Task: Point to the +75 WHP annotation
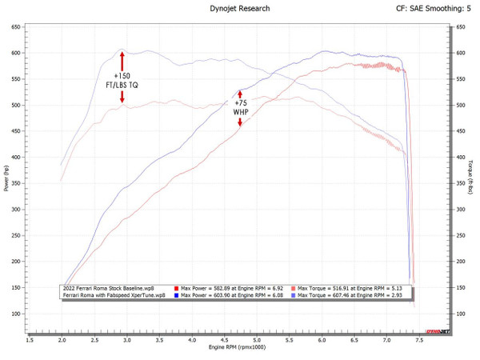[x=240, y=107]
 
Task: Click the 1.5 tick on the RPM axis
[x=30, y=340]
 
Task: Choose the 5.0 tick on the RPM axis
[x=257, y=340]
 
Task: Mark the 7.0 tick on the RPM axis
[x=386, y=340]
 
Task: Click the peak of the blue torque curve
[x=122, y=50]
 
